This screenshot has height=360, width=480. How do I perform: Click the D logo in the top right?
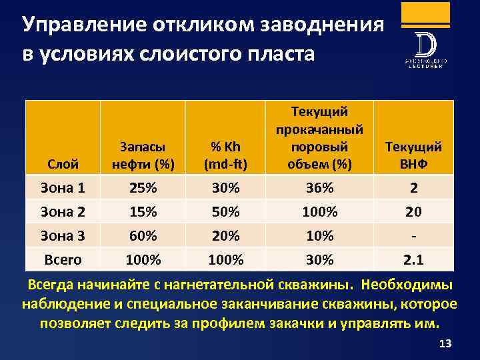[x=425, y=45]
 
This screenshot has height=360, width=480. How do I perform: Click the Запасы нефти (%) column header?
[x=143, y=155]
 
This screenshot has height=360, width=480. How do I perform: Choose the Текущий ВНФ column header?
[x=413, y=155]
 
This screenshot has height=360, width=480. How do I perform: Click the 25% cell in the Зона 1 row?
[x=143, y=189]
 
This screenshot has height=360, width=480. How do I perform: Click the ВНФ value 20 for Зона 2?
[x=413, y=212]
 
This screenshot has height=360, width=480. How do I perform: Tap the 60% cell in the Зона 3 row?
[x=143, y=235]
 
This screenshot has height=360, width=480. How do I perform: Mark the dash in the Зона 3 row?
[x=413, y=235]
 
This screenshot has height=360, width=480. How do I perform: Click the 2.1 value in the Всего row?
[x=413, y=259]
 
